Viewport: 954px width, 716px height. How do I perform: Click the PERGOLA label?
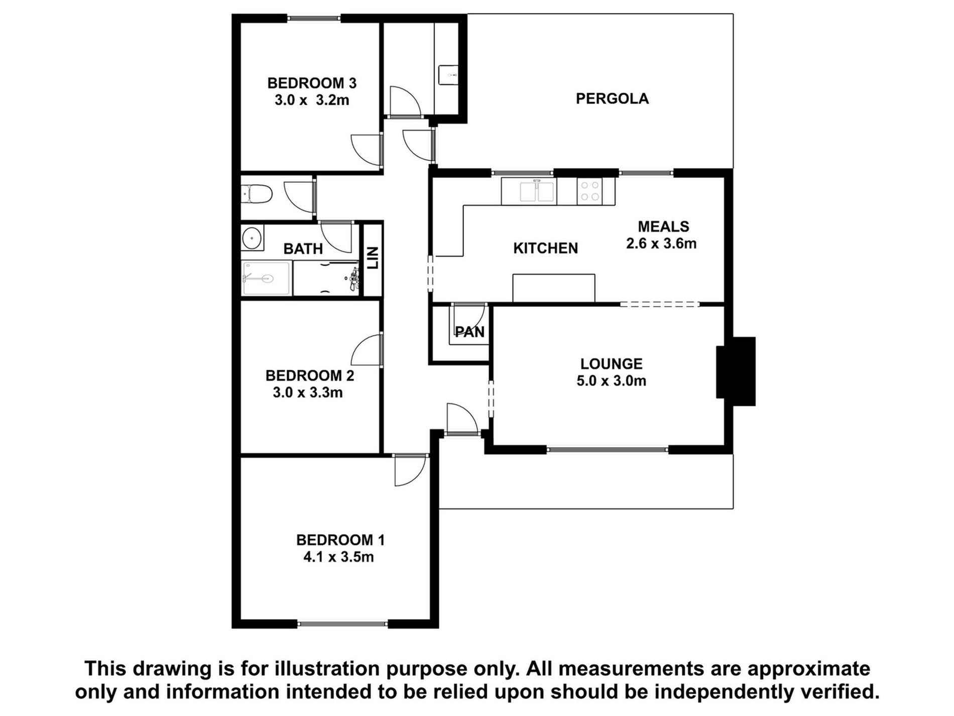(612, 98)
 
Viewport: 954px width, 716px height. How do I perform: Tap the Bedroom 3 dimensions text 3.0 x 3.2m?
(312, 100)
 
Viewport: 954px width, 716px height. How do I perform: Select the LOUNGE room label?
(611, 364)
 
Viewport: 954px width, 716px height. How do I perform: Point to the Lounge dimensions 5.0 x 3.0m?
(611, 381)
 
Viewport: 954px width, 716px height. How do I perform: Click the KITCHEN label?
(545, 248)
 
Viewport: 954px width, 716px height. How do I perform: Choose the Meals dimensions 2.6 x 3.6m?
(661, 244)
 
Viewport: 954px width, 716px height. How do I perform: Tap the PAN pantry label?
(470, 332)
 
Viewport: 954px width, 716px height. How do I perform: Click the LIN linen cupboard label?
(373, 258)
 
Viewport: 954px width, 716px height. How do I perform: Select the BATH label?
(303, 249)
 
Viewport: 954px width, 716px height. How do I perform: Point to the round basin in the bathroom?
(251, 238)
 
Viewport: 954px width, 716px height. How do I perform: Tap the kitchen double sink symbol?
(537, 191)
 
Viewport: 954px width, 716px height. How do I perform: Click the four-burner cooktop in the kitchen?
(589, 191)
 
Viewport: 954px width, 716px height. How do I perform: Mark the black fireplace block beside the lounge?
(736, 371)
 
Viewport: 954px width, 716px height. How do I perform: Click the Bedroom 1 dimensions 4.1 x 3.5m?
(338, 557)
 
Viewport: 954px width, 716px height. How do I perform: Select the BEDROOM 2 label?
(309, 375)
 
